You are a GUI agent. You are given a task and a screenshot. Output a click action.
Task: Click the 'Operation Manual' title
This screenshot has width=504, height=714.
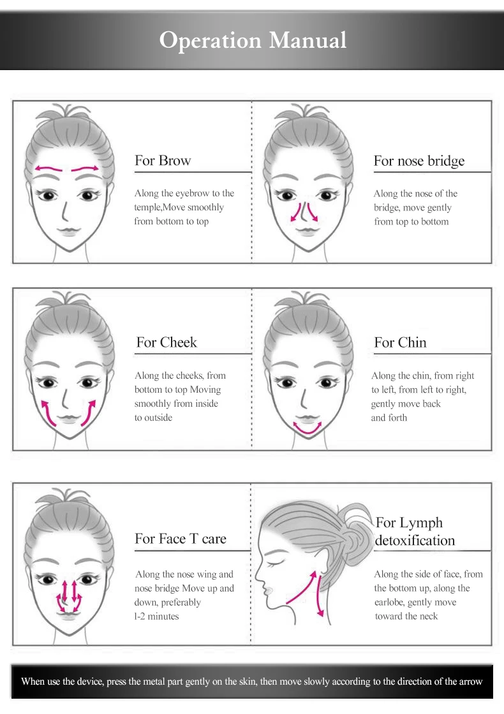(x=253, y=41)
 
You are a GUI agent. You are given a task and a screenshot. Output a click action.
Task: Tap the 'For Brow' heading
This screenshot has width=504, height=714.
(x=163, y=160)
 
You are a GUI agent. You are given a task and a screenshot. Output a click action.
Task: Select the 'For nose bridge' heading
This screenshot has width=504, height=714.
(x=419, y=161)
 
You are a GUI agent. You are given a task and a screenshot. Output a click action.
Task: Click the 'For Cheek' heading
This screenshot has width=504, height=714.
(x=167, y=342)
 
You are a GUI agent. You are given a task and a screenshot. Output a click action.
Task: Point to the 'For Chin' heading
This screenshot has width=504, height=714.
(x=400, y=342)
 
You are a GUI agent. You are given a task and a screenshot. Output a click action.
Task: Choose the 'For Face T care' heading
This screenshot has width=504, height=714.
(x=181, y=539)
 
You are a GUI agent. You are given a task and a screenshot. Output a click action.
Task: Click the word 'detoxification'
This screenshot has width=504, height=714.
(x=415, y=541)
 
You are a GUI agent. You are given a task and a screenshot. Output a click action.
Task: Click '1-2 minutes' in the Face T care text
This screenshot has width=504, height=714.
(x=156, y=616)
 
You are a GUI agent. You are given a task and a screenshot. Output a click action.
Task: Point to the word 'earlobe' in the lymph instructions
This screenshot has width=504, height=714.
(x=389, y=602)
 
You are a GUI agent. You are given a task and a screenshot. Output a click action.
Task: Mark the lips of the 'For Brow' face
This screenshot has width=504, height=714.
(x=69, y=232)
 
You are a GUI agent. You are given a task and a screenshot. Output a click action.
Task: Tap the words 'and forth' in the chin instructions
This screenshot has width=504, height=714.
(x=389, y=418)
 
